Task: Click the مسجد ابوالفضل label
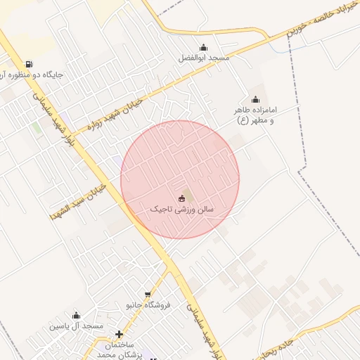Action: click(x=203, y=57)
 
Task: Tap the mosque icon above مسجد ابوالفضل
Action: click(x=203, y=48)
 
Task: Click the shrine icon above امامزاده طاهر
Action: click(x=255, y=100)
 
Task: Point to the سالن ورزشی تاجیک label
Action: click(x=182, y=210)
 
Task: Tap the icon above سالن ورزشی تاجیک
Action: click(x=182, y=198)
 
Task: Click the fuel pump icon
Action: click(x=28, y=64)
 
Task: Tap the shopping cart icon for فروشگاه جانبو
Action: click(x=148, y=295)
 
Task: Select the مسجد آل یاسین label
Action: click(x=76, y=326)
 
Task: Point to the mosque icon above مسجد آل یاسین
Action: click(x=76, y=316)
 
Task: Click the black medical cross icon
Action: click(x=119, y=335)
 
